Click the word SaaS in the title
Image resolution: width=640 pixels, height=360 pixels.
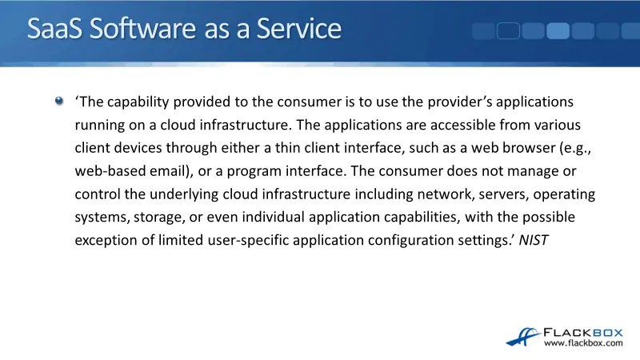tap(54, 29)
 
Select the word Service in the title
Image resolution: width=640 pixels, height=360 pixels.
tap(298, 29)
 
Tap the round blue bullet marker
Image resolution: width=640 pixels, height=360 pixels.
tap(59, 101)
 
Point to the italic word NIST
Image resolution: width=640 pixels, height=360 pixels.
tap(534, 240)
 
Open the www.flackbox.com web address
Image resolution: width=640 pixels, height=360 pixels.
tap(583, 343)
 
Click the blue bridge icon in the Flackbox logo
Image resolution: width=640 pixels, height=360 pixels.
tap(523, 337)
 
